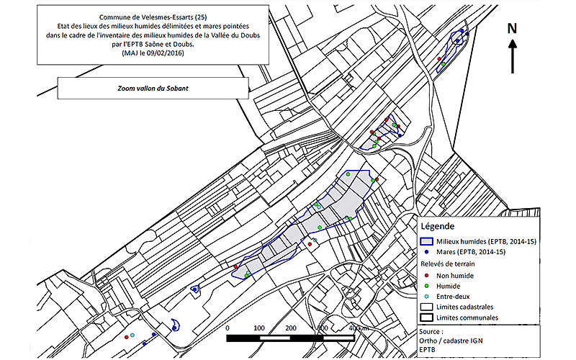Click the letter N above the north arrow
click(512, 28)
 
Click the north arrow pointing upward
click(512, 55)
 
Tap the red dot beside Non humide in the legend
click(428, 274)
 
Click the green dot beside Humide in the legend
click(428, 285)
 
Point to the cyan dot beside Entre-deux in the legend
click(428, 296)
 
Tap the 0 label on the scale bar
click(228, 328)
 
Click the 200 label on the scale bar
click(291, 328)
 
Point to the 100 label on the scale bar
click(259, 328)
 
